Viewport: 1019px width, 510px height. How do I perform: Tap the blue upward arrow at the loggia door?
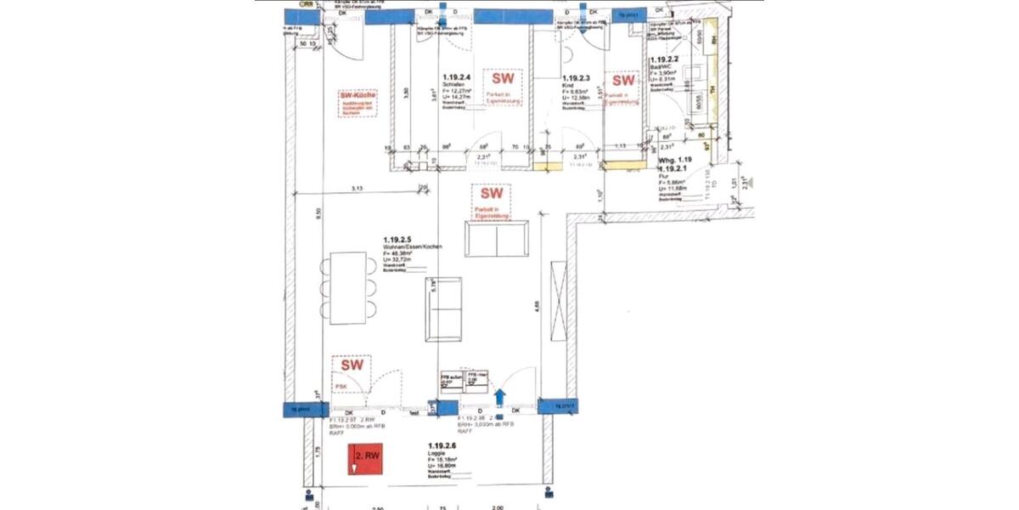[499, 394]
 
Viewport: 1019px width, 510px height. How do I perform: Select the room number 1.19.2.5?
[398, 241]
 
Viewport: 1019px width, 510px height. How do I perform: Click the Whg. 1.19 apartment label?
[676, 159]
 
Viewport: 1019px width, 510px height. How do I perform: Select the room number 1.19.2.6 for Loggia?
[443, 446]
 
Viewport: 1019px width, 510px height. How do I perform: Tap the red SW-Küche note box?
[357, 103]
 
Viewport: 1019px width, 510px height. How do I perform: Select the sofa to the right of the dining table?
[442, 309]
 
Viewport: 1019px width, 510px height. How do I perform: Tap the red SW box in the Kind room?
[619, 88]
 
